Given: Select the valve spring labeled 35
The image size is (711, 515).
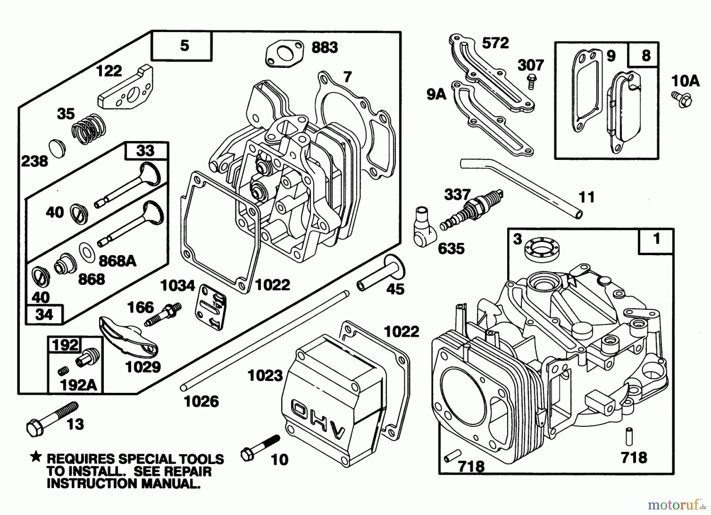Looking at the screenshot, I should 89,127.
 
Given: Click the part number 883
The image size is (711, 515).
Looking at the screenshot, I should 325,47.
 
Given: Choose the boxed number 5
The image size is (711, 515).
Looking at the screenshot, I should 184,46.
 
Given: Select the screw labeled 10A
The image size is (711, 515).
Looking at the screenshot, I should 681,99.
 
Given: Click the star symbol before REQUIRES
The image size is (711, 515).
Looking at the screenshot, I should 36,458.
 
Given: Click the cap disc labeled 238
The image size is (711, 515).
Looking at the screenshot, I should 57,148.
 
